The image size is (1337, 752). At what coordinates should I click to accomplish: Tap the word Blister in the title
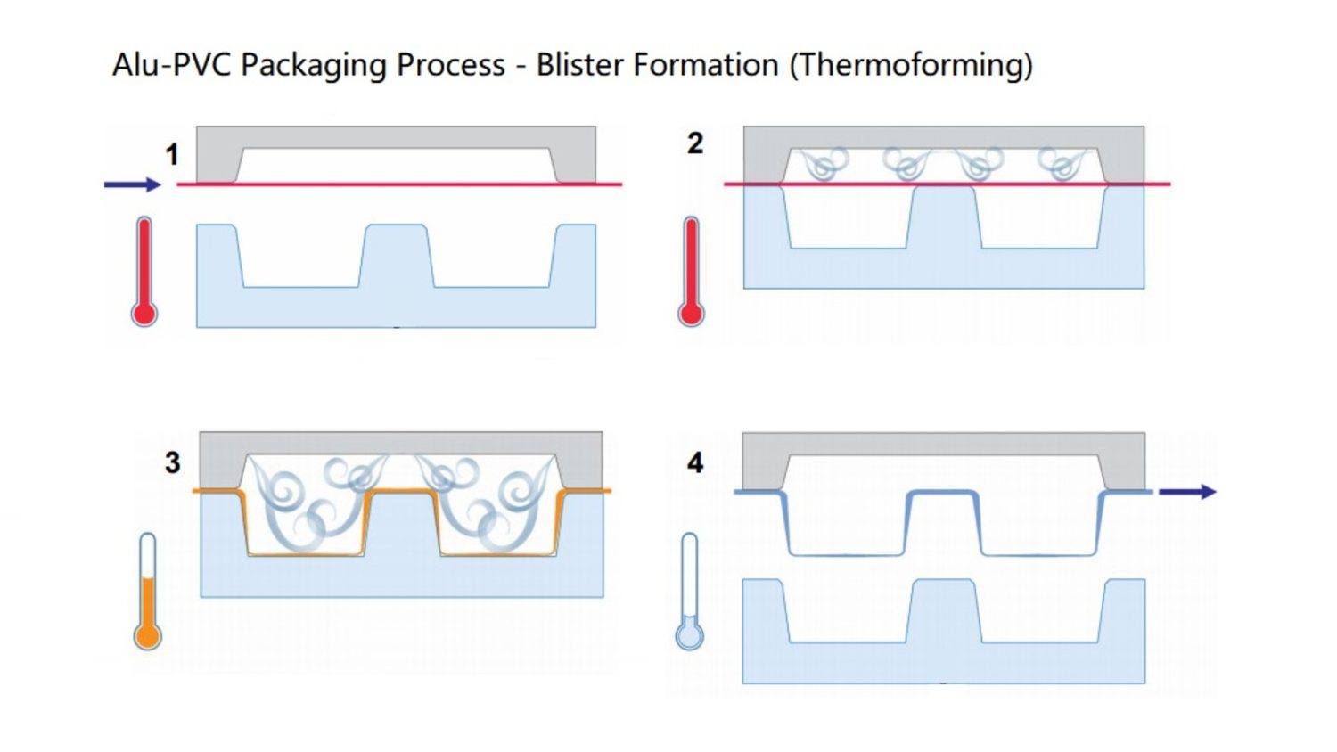[577, 65]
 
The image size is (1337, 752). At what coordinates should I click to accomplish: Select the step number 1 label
[172, 155]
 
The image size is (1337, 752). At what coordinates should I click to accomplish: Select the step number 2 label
[695, 143]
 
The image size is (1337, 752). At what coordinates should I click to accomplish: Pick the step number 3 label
[172, 462]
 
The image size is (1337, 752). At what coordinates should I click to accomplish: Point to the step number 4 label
[695, 462]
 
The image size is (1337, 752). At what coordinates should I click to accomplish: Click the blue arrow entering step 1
[132, 184]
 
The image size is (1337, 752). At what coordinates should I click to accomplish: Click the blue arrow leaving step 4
[1187, 492]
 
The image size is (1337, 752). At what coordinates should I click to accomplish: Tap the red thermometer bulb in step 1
[144, 314]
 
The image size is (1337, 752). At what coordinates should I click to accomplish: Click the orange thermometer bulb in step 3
[147, 636]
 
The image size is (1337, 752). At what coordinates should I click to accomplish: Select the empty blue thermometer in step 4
[689, 592]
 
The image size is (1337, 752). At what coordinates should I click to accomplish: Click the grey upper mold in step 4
[943, 443]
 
